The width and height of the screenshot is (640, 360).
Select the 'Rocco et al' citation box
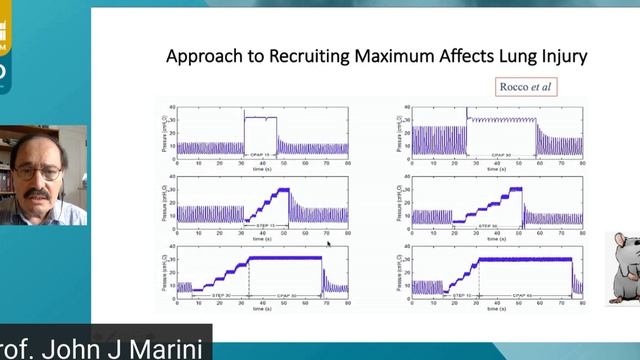(525, 86)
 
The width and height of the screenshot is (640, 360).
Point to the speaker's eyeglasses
(38, 172)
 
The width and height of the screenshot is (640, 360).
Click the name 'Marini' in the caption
(161, 349)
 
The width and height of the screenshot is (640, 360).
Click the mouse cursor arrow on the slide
(328, 243)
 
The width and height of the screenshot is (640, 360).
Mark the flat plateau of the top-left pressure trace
(261, 117)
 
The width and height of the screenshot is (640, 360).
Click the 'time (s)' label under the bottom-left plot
(262, 309)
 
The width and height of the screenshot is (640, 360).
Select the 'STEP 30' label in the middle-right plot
(489, 227)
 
